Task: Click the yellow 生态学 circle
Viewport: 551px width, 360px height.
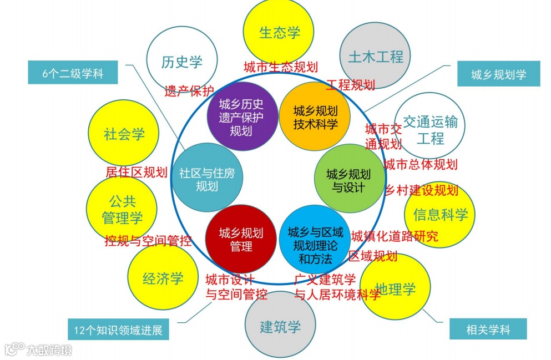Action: tap(279, 32)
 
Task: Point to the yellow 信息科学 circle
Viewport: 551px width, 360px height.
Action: tap(440, 214)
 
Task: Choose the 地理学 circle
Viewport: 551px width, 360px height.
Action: tap(395, 288)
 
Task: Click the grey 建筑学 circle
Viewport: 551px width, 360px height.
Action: tap(280, 326)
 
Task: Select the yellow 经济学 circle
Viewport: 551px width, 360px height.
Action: tap(163, 278)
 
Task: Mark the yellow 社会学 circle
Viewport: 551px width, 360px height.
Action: tap(124, 134)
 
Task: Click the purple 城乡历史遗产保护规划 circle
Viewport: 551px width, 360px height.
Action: tap(242, 117)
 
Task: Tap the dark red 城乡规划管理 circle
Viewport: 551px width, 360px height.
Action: tap(241, 239)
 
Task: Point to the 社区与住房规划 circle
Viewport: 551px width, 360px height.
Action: tap(207, 179)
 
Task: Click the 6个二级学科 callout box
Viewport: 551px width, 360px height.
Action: tap(73, 74)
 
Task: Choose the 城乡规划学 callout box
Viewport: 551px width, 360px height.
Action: tap(498, 74)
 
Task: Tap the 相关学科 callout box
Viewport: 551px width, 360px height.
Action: tap(488, 330)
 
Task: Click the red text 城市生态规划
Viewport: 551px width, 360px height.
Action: tap(281, 67)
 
